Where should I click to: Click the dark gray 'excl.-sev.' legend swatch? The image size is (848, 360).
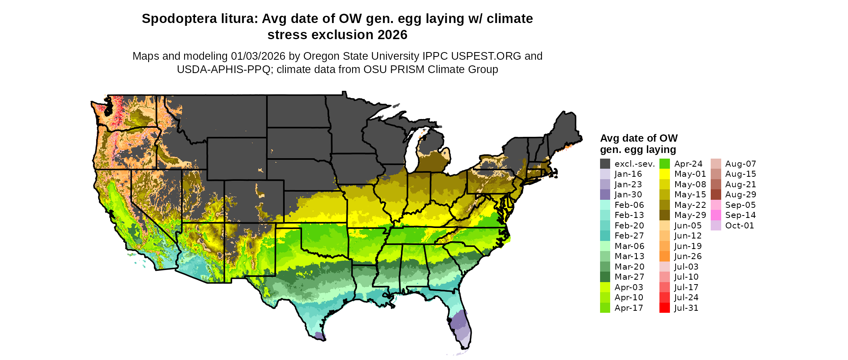(605, 164)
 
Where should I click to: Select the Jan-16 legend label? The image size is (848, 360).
(628, 174)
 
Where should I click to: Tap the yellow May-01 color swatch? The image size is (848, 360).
(664, 174)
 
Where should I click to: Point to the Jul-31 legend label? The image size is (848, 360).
(686, 308)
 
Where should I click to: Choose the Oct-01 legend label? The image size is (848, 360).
(739, 226)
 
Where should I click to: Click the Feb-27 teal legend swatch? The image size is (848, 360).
(605, 236)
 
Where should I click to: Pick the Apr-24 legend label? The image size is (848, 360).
(688, 164)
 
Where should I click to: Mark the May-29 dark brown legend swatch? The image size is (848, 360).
(664, 215)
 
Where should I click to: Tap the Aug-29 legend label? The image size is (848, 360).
(740, 195)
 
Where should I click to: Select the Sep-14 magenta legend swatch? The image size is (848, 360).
(716, 215)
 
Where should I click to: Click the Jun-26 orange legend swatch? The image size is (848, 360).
(664, 256)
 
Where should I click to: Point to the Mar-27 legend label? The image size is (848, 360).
(629, 277)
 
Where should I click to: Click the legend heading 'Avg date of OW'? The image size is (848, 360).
(638, 138)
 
